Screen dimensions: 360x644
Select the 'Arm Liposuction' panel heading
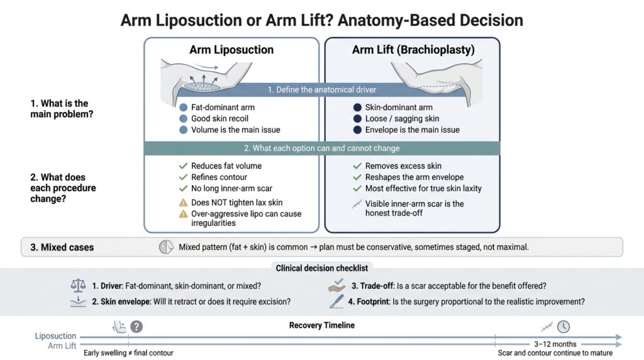(x=231, y=50)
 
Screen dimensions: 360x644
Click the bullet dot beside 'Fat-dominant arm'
(x=183, y=108)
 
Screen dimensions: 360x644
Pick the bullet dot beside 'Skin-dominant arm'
(x=357, y=108)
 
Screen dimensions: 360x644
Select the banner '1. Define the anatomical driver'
(x=323, y=90)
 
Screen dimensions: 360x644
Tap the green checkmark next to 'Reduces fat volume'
(x=183, y=166)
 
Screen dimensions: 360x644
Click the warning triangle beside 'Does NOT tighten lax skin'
(x=183, y=203)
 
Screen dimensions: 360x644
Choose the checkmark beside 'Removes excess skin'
(x=357, y=166)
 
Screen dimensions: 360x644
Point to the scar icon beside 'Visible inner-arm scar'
(x=357, y=203)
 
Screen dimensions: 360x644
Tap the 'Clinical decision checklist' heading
(x=322, y=268)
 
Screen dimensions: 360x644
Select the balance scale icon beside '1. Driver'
(x=78, y=286)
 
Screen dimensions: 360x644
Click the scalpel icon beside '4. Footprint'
(x=336, y=301)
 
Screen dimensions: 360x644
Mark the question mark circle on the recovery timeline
(x=136, y=327)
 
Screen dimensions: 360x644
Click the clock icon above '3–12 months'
(x=563, y=327)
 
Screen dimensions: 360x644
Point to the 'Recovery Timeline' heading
(x=322, y=325)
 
